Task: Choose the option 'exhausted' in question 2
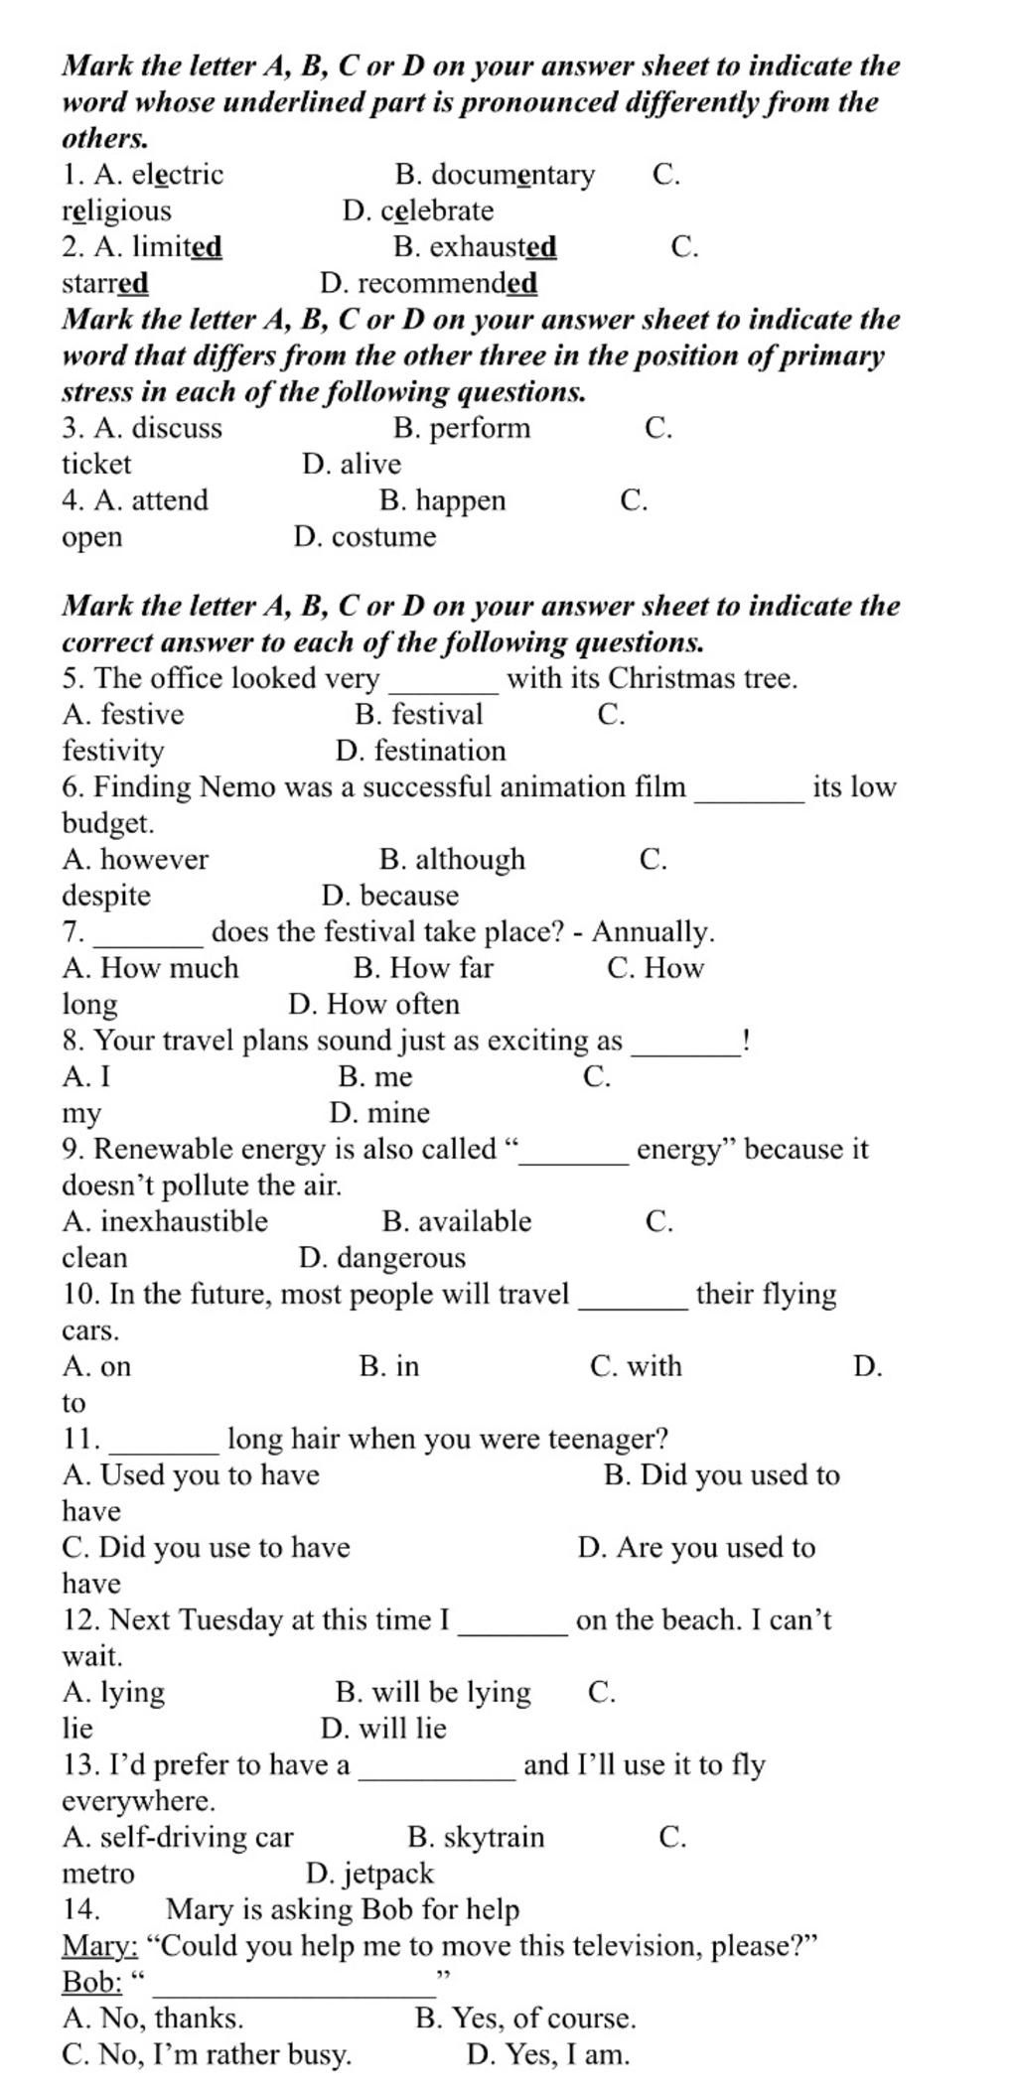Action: click(x=493, y=246)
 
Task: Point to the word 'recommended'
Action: click(x=447, y=283)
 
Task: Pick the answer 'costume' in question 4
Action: click(x=383, y=537)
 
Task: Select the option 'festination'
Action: click(x=440, y=751)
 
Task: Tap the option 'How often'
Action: click(x=392, y=1004)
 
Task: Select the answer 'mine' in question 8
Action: click(x=395, y=1113)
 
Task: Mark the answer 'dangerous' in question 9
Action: click(x=400, y=1258)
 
